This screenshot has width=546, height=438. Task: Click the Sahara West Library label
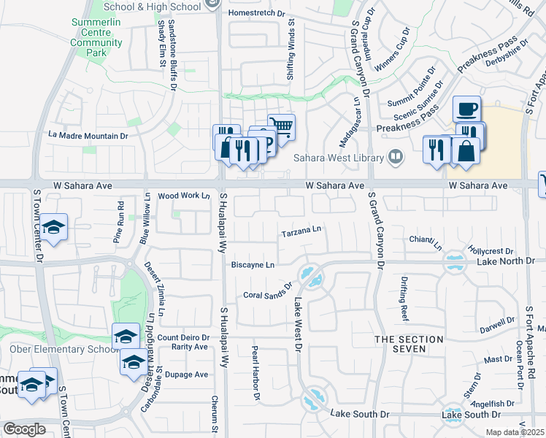[x=338, y=158]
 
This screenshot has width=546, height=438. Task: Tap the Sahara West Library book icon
[x=395, y=155]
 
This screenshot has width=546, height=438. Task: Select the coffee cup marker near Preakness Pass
[x=466, y=110]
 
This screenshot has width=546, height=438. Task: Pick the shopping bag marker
[x=465, y=152]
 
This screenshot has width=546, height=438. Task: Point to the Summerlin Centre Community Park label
[x=96, y=38]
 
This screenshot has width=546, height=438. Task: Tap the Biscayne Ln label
[x=253, y=265]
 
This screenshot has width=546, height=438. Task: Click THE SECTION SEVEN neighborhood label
[x=409, y=345]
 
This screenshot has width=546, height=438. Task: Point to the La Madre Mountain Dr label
[x=88, y=135]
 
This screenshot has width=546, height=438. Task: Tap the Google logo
[x=24, y=429]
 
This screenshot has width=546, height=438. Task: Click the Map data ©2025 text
[x=515, y=432]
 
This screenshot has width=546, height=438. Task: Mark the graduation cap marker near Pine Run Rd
[x=53, y=228]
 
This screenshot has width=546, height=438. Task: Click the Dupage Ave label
[x=187, y=374]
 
